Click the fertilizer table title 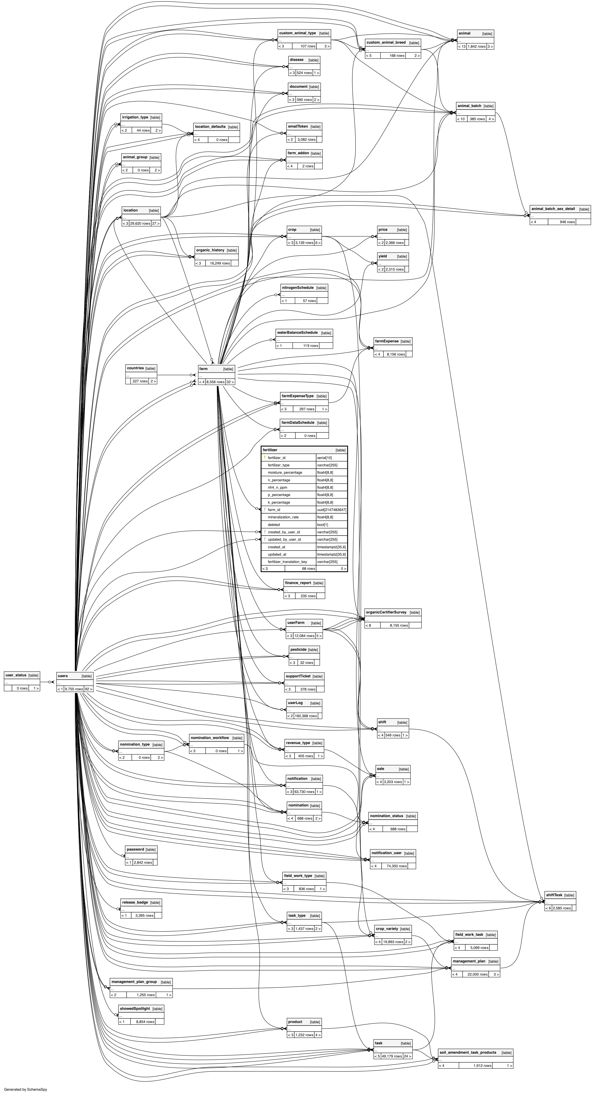pyautogui.click(x=270, y=450)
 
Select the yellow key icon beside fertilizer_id pyautogui.click(x=265, y=458)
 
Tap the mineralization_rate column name pyautogui.click(x=283, y=517)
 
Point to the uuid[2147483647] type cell pyautogui.click(x=331, y=510)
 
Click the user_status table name pyautogui.click(x=16, y=675)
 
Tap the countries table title pyautogui.click(x=135, y=368)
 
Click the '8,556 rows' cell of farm pyautogui.click(x=215, y=382)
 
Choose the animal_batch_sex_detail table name pyautogui.click(x=553, y=209)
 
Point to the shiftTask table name pyautogui.click(x=554, y=895)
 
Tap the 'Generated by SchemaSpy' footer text pyautogui.click(x=25, y=1089)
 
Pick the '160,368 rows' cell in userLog pyautogui.click(x=306, y=716)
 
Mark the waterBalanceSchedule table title pyautogui.click(x=297, y=332)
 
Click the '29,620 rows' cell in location pyautogui.click(x=140, y=223)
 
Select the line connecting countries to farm pyautogui.click(x=174, y=375)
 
